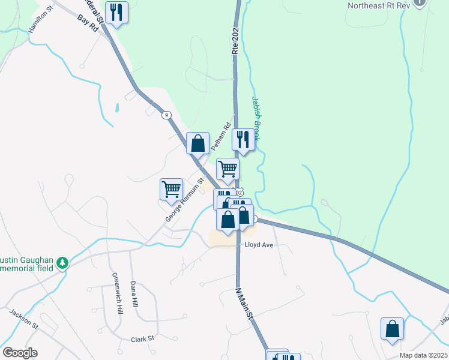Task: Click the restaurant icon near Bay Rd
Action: coord(116,13)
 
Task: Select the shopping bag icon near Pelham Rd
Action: coord(197,144)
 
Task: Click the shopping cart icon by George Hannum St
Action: coord(171,190)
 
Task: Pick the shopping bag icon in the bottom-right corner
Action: coord(392,329)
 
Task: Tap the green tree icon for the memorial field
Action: coord(62,263)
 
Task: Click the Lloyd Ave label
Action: coord(258,245)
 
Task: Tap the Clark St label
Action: coord(143,339)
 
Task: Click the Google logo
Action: coord(20,353)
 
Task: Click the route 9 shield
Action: coord(166,115)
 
